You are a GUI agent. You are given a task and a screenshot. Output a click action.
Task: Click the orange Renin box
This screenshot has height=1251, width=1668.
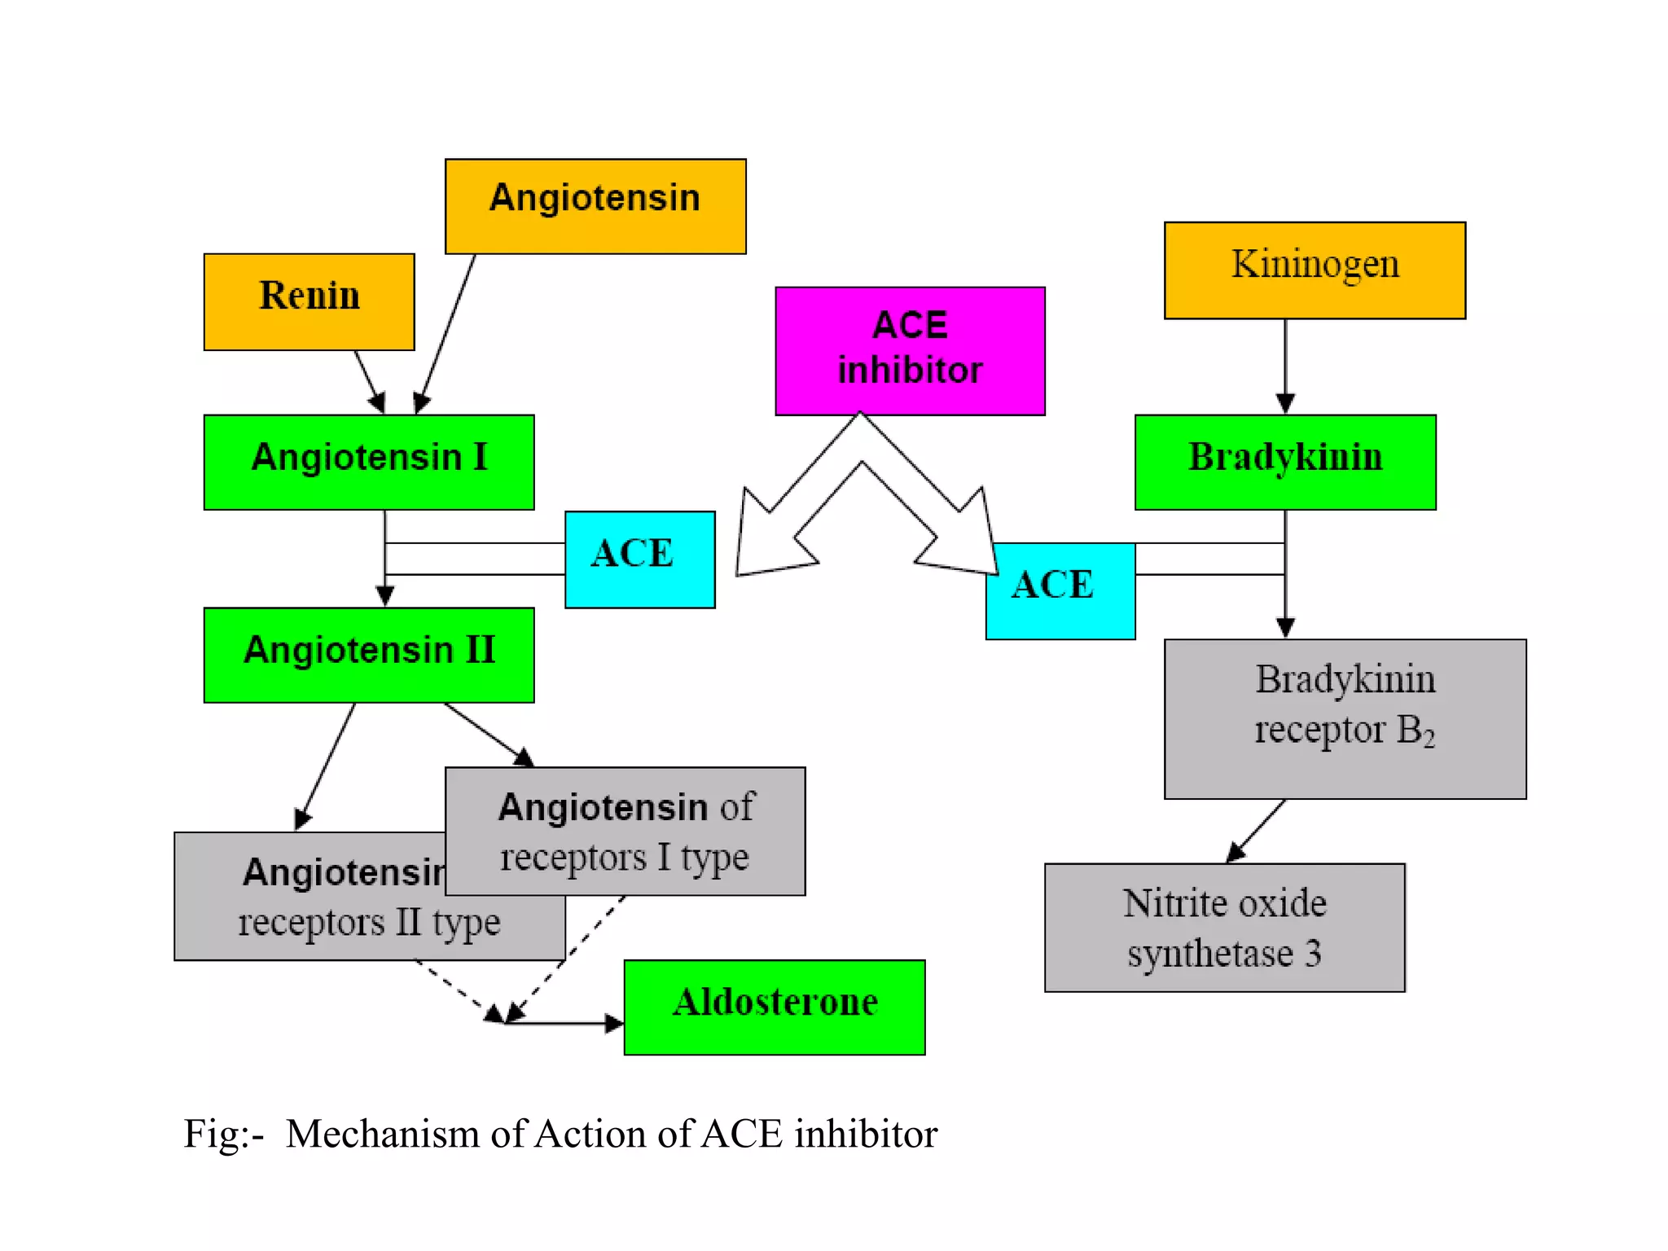(x=309, y=301)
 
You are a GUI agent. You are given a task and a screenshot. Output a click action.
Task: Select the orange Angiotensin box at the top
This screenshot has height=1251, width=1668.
(x=595, y=206)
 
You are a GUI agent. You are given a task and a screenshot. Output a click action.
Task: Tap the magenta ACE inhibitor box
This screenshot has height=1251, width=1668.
(x=910, y=350)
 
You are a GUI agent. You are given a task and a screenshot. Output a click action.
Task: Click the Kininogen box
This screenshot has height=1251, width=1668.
(x=1315, y=270)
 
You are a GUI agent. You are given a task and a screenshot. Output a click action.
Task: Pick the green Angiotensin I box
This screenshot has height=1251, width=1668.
(x=369, y=462)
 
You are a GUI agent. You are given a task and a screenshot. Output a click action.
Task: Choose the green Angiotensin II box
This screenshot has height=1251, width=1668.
(x=369, y=654)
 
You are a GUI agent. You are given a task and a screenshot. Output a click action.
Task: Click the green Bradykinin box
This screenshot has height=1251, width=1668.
(x=1284, y=462)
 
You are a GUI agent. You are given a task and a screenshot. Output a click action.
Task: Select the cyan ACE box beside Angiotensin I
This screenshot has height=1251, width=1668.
(x=639, y=559)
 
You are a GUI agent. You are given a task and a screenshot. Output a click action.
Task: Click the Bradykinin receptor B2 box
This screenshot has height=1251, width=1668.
(x=1345, y=718)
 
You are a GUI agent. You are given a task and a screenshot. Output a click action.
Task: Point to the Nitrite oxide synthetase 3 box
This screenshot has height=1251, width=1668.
(x=1224, y=927)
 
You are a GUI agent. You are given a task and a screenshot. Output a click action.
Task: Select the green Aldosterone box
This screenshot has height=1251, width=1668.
(x=774, y=1007)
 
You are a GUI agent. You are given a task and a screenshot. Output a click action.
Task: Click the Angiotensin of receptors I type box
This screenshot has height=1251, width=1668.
(x=625, y=831)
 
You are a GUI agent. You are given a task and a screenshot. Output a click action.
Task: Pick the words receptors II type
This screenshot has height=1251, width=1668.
(x=369, y=923)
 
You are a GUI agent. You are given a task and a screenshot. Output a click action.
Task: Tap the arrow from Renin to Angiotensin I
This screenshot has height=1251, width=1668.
(x=368, y=380)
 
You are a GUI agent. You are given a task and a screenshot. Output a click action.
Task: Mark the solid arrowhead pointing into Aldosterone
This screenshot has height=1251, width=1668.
(x=614, y=1023)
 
